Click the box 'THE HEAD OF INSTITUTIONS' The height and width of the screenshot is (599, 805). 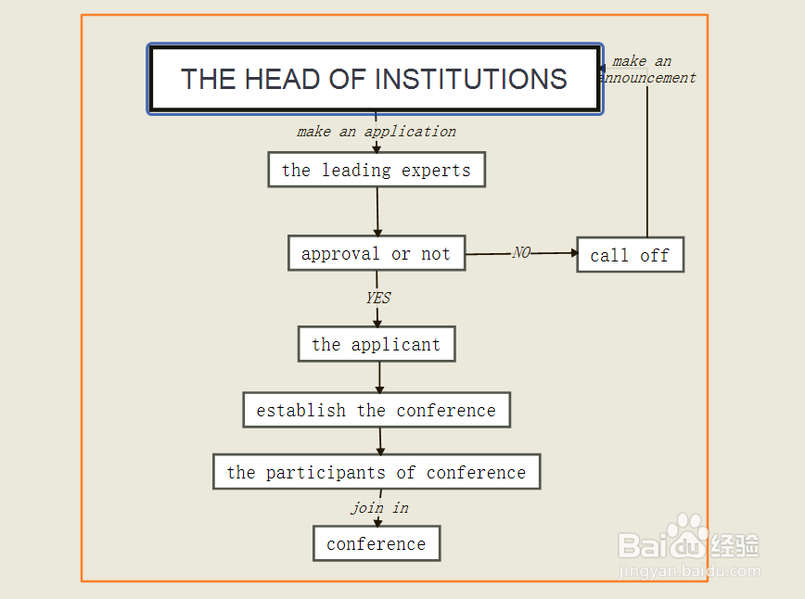point(375,79)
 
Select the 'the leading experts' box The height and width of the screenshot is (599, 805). point(377,170)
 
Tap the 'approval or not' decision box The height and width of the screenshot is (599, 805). point(377,253)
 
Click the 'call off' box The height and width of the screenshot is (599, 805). point(630,255)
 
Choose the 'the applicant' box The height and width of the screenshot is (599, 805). point(377,344)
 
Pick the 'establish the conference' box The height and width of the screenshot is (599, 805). point(377,410)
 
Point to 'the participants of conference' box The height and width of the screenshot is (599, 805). point(377,472)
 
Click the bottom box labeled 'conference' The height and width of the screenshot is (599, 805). point(377,543)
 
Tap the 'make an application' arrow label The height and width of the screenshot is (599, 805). point(377,132)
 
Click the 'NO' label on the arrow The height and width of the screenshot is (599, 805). point(521,252)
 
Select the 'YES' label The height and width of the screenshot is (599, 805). point(377,298)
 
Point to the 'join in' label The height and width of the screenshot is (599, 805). point(379,508)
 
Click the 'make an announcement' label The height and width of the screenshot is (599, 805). point(645,70)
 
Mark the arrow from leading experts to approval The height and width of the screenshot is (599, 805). point(377,211)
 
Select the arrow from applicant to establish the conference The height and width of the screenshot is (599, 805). point(379,376)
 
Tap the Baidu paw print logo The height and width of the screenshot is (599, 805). point(686,537)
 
